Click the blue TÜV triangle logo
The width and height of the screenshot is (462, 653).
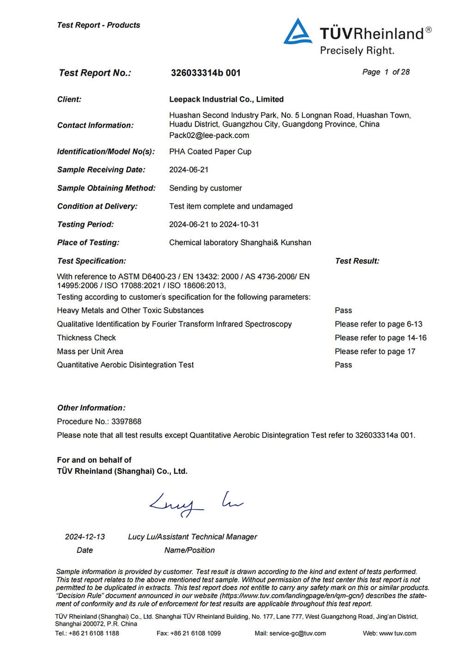coord(298,32)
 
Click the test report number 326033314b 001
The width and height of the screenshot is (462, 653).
coord(206,73)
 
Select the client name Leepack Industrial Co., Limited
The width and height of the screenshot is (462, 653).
coord(226,99)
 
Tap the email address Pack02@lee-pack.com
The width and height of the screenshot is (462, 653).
coord(209,135)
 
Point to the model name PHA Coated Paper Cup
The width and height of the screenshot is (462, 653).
coord(210,151)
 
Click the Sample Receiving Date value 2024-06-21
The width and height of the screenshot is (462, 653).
coord(188,170)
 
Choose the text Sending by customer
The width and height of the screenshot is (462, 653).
coord(206,188)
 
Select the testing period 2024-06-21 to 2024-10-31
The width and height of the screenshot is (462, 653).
coord(214,224)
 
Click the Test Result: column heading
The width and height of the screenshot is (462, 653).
coord(357,261)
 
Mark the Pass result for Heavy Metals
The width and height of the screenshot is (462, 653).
coord(343,310)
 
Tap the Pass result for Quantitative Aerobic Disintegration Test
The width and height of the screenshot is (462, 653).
coord(343,365)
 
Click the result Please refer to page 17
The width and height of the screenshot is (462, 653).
coord(375,351)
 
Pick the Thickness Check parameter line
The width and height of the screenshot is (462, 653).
coord(86,338)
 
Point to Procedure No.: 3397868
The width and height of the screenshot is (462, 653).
coord(99,422)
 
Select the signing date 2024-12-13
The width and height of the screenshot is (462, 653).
coord(85,537)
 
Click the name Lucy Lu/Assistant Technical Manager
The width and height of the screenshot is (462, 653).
coord(192,537)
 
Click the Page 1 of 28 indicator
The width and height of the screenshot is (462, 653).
coord(386,72)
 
